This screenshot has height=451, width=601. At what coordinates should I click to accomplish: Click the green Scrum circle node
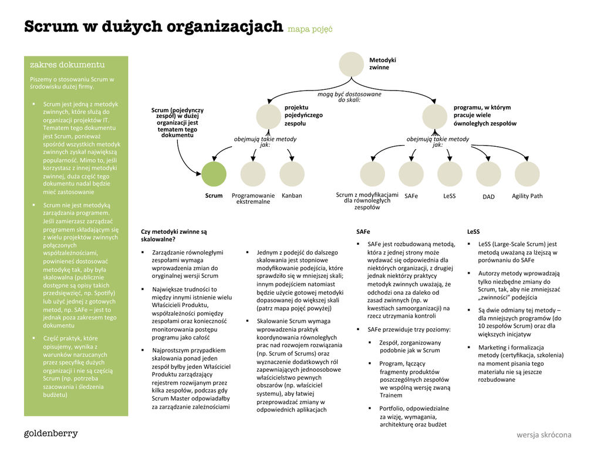pos(214,174)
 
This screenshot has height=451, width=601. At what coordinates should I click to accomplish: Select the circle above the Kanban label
pos(292,174)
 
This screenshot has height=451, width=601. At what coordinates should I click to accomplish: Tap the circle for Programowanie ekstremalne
pos(253,174)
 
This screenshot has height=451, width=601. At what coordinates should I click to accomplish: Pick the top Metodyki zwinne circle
pos(352,65)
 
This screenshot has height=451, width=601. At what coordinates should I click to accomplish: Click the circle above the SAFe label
pos(411,174)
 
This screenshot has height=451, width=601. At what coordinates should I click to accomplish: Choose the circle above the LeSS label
pos(450,174)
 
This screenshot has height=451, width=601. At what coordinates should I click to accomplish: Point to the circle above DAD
pos(488,174)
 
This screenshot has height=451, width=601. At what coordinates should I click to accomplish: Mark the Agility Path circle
pos(527,174)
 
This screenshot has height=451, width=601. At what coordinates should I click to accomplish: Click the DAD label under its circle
pos(488,197)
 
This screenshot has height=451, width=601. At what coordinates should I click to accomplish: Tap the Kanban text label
pos(292,196)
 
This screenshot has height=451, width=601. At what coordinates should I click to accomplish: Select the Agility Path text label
pos(527,196)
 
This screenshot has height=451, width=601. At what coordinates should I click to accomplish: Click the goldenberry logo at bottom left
pos(50,434)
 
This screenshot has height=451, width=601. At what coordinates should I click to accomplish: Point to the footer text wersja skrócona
pos(543,435)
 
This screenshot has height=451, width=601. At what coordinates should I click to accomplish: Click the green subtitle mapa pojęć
pos(310,28)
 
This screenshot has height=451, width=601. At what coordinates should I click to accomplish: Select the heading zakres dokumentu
pos(67,65)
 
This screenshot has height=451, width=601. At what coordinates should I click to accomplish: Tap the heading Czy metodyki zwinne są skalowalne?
pos(174,235)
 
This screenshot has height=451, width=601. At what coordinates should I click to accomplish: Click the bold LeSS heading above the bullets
pos(473,232)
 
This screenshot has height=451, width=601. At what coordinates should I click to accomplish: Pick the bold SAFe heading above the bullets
pos(363,232)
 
